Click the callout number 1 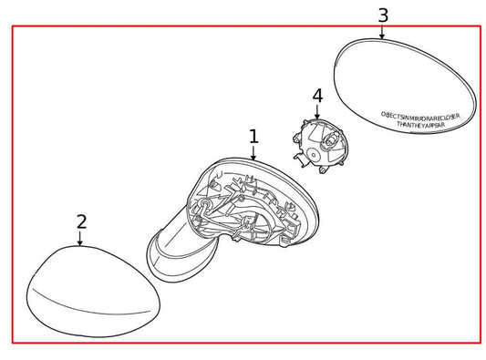(x=253, y=137)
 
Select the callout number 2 (x=81, y=221)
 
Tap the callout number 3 (x=382, y=15)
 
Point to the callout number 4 (x=317, y=96)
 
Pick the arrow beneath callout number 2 (x=81, y=239)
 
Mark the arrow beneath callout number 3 (x=382, y=32)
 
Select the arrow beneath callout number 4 (x=317, y=111)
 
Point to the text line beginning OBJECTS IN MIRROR (x=420, y=116)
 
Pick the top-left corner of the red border (x=12, y=26)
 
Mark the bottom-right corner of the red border (x=481, y=343)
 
